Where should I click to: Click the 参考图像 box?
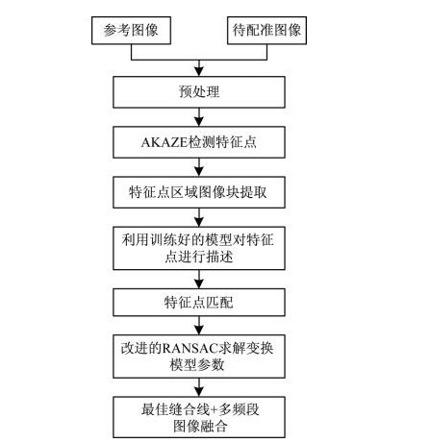(131, 31)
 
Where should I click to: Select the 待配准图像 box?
(266, 31)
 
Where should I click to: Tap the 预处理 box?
(199, 92)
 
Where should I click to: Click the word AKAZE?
(164, 142)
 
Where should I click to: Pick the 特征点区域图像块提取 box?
(199, 192)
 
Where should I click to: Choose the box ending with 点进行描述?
(199, 248)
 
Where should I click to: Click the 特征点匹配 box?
(199, 302)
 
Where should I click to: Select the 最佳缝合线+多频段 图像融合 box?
(199, 417)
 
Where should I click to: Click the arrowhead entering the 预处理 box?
(199, 72)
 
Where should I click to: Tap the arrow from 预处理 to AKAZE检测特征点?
(199, 117)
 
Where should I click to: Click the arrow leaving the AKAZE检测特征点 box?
(199, 167)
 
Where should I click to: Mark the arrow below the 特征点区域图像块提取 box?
(199, 217)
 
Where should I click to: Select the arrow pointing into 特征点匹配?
(199, 280)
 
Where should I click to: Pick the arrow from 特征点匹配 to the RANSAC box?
(199, 326)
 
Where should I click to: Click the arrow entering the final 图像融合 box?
(199, 387)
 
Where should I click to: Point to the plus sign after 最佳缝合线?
(214, 410)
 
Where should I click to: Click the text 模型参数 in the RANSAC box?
(197, 364)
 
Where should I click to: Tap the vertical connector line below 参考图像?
(131, 52)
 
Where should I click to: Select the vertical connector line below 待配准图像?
(266, 52)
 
